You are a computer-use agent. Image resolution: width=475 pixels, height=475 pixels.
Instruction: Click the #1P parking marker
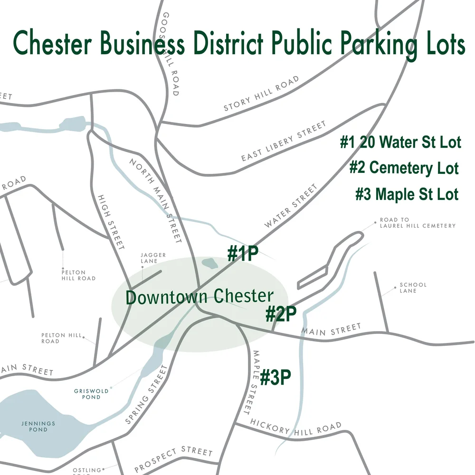pos(243,254)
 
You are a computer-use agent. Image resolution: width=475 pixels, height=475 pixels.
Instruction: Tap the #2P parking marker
pos(281,314)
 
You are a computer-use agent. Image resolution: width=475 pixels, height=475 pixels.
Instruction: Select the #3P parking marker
pos(275,378)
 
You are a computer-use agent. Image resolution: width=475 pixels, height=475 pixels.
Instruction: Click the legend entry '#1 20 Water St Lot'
pos(400,142)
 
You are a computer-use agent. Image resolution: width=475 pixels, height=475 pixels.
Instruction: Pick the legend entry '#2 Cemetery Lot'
pos(404,168)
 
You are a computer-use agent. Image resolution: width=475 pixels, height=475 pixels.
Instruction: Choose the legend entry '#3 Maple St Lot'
pos(407,194)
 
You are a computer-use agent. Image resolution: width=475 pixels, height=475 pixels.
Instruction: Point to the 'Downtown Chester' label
pos(199,297)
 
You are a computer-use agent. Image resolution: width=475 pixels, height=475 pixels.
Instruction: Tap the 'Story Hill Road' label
pos(262,94)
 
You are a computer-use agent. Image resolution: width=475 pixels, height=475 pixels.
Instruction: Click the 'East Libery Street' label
pos(284,141)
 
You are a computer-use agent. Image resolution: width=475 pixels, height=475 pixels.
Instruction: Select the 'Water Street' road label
pos(291,206)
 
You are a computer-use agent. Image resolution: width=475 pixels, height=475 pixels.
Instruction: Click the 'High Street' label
pos(110,221)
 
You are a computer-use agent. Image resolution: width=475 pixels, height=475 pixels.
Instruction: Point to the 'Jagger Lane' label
pos(153,258)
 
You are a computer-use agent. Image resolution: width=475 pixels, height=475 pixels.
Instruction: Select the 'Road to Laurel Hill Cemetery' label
pos(417,223)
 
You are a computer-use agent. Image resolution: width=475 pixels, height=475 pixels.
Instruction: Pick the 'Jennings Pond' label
pos(38,426)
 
